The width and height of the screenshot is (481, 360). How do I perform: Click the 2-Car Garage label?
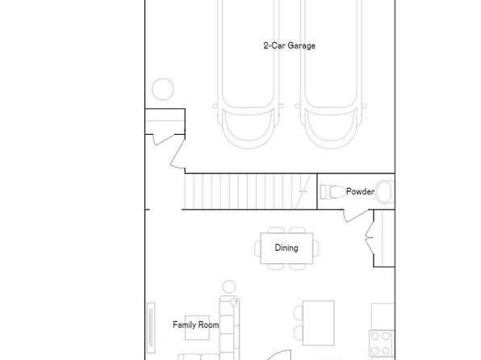[x=289, y=46]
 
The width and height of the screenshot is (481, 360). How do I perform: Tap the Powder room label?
[x=360, y=191]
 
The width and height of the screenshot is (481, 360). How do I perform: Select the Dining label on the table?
[x=287, y=248]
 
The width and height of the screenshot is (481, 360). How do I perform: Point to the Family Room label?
[x=196, y=324]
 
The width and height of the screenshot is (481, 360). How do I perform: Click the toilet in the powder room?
[x=333, y=192]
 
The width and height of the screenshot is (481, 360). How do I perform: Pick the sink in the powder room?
[x=385, y=192]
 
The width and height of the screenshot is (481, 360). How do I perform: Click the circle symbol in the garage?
[x=162, y=89]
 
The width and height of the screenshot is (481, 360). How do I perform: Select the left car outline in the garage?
[x=248, y=73]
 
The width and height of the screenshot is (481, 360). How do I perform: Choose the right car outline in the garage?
[x=331, y=73]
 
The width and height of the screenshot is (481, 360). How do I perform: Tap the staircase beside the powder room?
[x=251, y=191]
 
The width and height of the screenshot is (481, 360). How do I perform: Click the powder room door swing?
[x=356, y=216]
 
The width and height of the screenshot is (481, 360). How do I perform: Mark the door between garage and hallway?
[x=178, y=153]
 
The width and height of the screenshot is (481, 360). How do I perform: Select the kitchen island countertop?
[x=319, y=323]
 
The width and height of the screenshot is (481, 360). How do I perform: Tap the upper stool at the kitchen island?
[x=299, y=312]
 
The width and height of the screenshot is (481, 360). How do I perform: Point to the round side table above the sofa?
[x=229, y=287]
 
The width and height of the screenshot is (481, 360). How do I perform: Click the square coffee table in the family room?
[x=197, y=328]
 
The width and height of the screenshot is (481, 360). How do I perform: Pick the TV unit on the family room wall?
[x=151, y=328]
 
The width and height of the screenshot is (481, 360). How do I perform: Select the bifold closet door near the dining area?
[x=370, y=237]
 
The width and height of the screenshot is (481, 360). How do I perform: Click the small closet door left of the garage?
[x=164, y=140]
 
